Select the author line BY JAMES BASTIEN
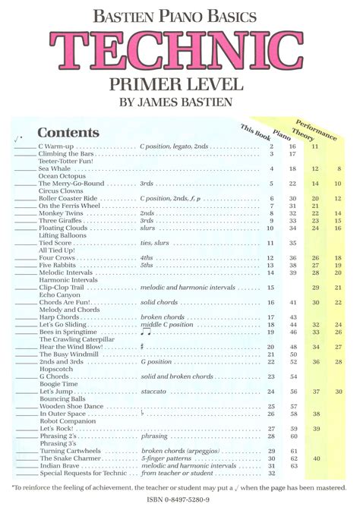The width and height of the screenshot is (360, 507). pyautogui.click(x=180, y=102)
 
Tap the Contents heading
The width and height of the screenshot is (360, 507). pyautogui.click(x=68, y=133)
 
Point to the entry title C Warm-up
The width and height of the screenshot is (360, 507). pyautogui.click(x=55, y=146)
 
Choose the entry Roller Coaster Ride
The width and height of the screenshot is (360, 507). pyautogui.click(x=70, y=198)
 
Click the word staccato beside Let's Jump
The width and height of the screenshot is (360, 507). pyautogui.click(x=153, y=392)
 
